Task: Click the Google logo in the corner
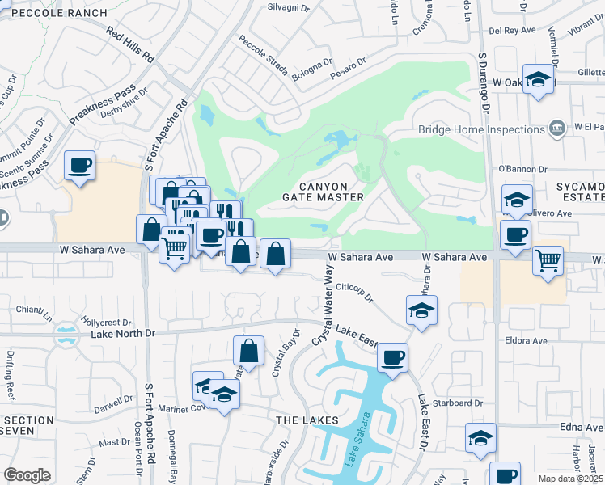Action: (x=27, y=475)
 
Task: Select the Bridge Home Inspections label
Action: (x=481, y=129)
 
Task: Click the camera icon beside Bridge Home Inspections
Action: (x=556, y=129)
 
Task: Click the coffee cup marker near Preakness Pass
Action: (x=80, y=167)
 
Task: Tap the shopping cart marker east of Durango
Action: (x=548, y=260)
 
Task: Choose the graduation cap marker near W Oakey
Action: (x=538, y=79)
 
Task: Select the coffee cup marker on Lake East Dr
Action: (x=392, y=357)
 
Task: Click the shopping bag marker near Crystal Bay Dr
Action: (x=248, y=352)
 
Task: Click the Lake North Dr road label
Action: (x=122, y=332)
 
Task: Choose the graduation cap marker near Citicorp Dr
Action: (x=421, y=310)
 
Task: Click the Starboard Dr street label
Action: (x=458, y=403)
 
